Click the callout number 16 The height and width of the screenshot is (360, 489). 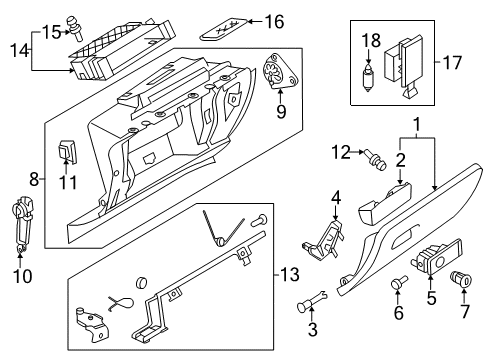tap(274, 22)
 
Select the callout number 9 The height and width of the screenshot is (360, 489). tap(281, 111)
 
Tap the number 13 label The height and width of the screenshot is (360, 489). tap(289, 275)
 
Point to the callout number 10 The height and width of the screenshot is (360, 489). tap(23, 276)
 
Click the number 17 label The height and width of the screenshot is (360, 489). tap(452, 63)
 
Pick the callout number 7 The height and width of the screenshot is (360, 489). tap(465, 312)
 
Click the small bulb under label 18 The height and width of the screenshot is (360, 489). tap(368, 78)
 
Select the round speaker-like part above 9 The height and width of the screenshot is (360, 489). tap(280, 71)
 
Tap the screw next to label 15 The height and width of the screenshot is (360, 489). tap(75, 29)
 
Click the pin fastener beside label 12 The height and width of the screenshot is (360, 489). tap(376, 160)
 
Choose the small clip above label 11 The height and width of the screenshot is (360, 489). tap(68, 152)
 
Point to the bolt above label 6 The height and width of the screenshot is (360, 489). tap(399, 283)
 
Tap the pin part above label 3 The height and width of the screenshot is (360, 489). tap(312, 301)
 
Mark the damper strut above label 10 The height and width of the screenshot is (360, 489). tap(22, 224)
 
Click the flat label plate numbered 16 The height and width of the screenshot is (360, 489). tap(224, 29)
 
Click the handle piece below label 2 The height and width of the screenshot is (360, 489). tap(385, 204)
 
